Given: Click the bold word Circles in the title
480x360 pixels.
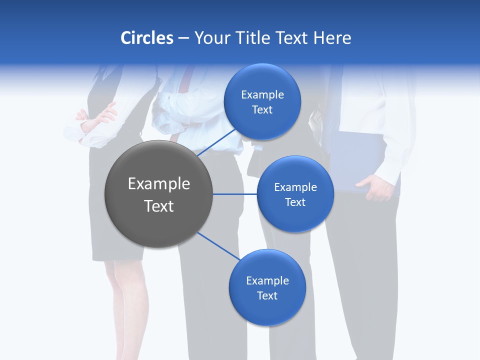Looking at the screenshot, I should (146, 38).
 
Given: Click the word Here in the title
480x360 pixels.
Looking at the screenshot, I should (332, 38).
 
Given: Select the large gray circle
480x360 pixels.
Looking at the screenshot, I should (158, 194).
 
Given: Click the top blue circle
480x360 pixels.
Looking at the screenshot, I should (262, 101).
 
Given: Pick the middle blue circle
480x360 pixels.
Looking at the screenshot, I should (295, 194).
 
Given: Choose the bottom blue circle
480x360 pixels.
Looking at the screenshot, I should (267, 287).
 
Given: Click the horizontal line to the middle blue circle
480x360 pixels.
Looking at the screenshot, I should (234, 194).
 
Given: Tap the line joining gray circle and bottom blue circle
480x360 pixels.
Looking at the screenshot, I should (218, 246).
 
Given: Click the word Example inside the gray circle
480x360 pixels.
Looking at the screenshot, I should (158, 184).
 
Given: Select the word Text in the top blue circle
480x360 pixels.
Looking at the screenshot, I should (262, 110).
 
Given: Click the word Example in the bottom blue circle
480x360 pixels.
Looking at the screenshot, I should (267, 280).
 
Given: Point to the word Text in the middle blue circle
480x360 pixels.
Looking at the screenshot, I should (295, 202).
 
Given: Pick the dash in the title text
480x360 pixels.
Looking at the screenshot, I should (183, 38).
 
